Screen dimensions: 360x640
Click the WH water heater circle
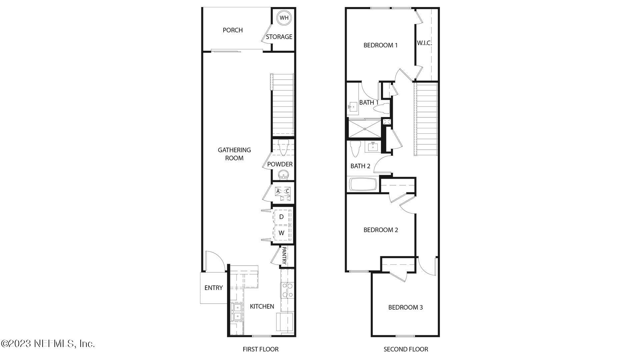[284, 18]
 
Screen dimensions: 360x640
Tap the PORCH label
[233, 30]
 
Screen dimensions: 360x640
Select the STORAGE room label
[279, 37]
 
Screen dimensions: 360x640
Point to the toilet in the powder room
[283, 148]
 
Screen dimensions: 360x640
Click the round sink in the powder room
[283, 174]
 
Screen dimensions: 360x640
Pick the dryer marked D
[282, 217]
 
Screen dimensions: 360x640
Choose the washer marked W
[282, 233]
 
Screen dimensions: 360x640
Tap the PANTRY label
[284, 255]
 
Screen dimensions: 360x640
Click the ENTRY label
[214, 288]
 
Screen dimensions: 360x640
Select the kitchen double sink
[237, 312]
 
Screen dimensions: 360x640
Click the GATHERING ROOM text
[234, 154]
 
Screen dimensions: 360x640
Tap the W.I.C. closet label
[424, 43]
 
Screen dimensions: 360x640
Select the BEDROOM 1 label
[381, 45]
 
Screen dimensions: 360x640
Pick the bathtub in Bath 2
[363, 184]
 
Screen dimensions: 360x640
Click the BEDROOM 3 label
[405, 307]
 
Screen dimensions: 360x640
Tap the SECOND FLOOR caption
[406, 349]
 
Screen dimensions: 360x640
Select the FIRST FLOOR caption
[261, 349]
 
